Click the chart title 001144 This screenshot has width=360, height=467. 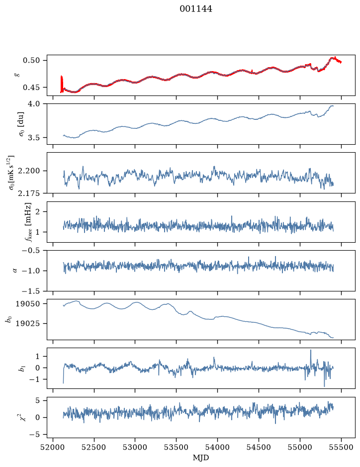pyautogui.click(x=196, y=9)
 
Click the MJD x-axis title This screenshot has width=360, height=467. pyautogui.click(x=201, y=458)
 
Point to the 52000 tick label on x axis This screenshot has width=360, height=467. pyautogui.click(x=53, y=447)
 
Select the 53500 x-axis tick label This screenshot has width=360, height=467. pyautogui.click(x=177, y=447)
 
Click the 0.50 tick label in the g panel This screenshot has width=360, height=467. pyautogui.click(x=31, y=61)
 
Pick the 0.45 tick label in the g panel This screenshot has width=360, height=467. pyautogui.click(x=31, y=88)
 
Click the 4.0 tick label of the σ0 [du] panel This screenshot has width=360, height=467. pyautogui.click(x=34, y=103)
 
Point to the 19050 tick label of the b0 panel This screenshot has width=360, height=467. pyautogui.click(x=28, y=304)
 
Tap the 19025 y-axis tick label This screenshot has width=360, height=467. pyautogui.click(x=28, y=323)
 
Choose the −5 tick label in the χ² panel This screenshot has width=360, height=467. pyautogui.click(x=34, y=435)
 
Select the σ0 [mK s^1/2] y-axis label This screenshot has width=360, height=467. pyautogui.click(x=11, y=173)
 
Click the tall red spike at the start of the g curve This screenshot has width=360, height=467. pyautogui.click(x=61, y=84)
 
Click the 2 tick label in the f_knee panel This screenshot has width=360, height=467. pyautogui.click(x=37, y=212)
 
